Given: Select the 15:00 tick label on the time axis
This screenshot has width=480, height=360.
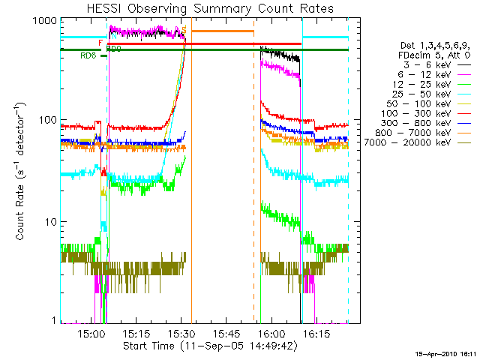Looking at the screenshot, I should [91, 334].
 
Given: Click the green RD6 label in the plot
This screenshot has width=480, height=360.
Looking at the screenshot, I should [88, 55].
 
